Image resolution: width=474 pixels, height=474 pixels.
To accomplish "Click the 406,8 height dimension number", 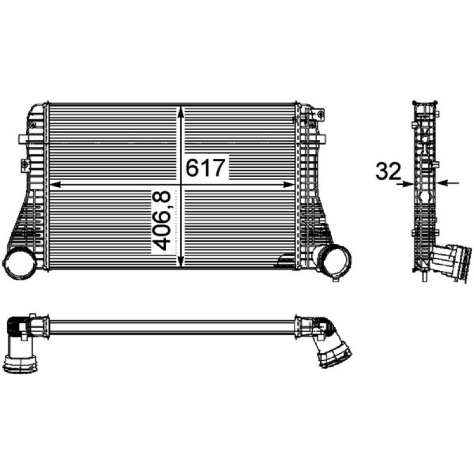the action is (161, 220).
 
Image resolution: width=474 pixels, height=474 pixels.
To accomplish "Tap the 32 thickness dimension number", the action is (388, 171).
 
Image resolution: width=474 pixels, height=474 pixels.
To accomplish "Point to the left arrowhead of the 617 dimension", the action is (55, 184).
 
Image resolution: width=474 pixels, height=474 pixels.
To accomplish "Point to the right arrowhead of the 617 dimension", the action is (288, 184).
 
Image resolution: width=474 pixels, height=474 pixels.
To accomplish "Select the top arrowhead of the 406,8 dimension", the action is (181, 113).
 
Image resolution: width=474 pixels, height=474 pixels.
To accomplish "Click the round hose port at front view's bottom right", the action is (334, 260).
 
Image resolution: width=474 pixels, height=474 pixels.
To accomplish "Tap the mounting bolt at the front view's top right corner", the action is (320, 114).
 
